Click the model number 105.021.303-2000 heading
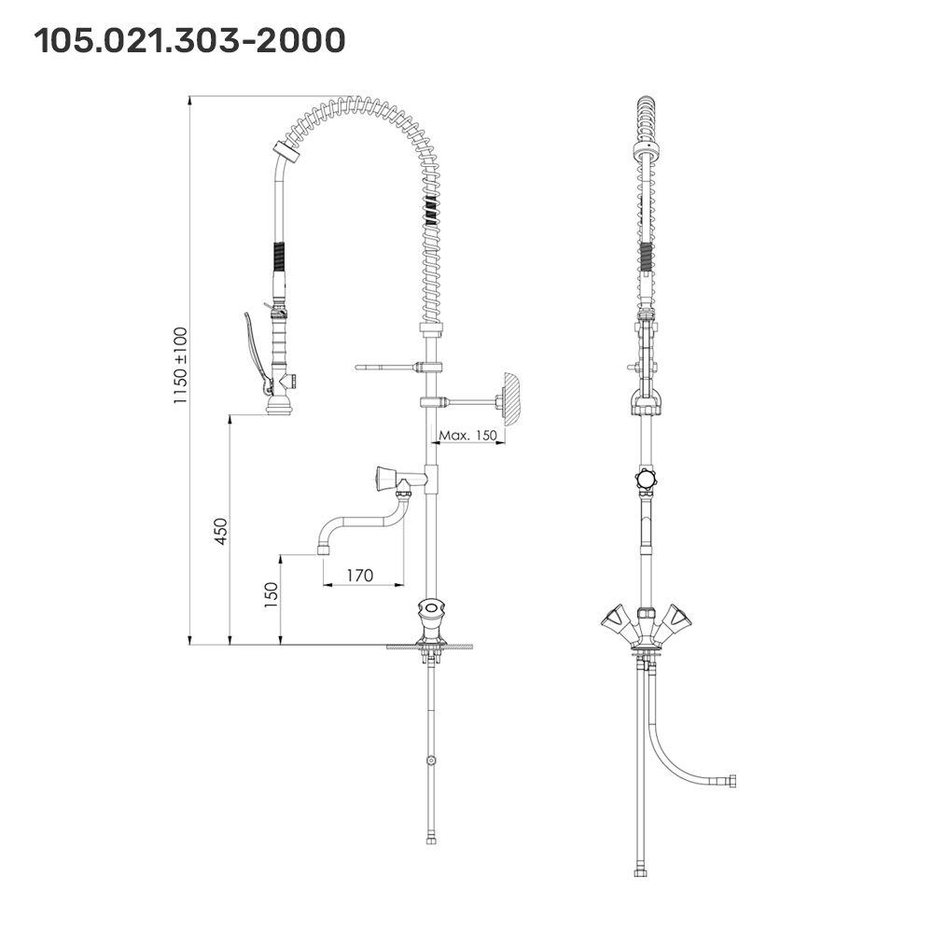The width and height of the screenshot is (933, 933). coord(189,40)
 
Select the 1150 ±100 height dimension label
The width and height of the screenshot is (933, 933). coord(180,365)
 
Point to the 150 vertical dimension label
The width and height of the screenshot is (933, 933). coord(271,595)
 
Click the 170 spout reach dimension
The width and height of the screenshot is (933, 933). coord(359,576)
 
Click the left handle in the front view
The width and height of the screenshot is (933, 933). coord(615,617)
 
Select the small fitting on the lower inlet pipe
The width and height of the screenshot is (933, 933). coord(430,760)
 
